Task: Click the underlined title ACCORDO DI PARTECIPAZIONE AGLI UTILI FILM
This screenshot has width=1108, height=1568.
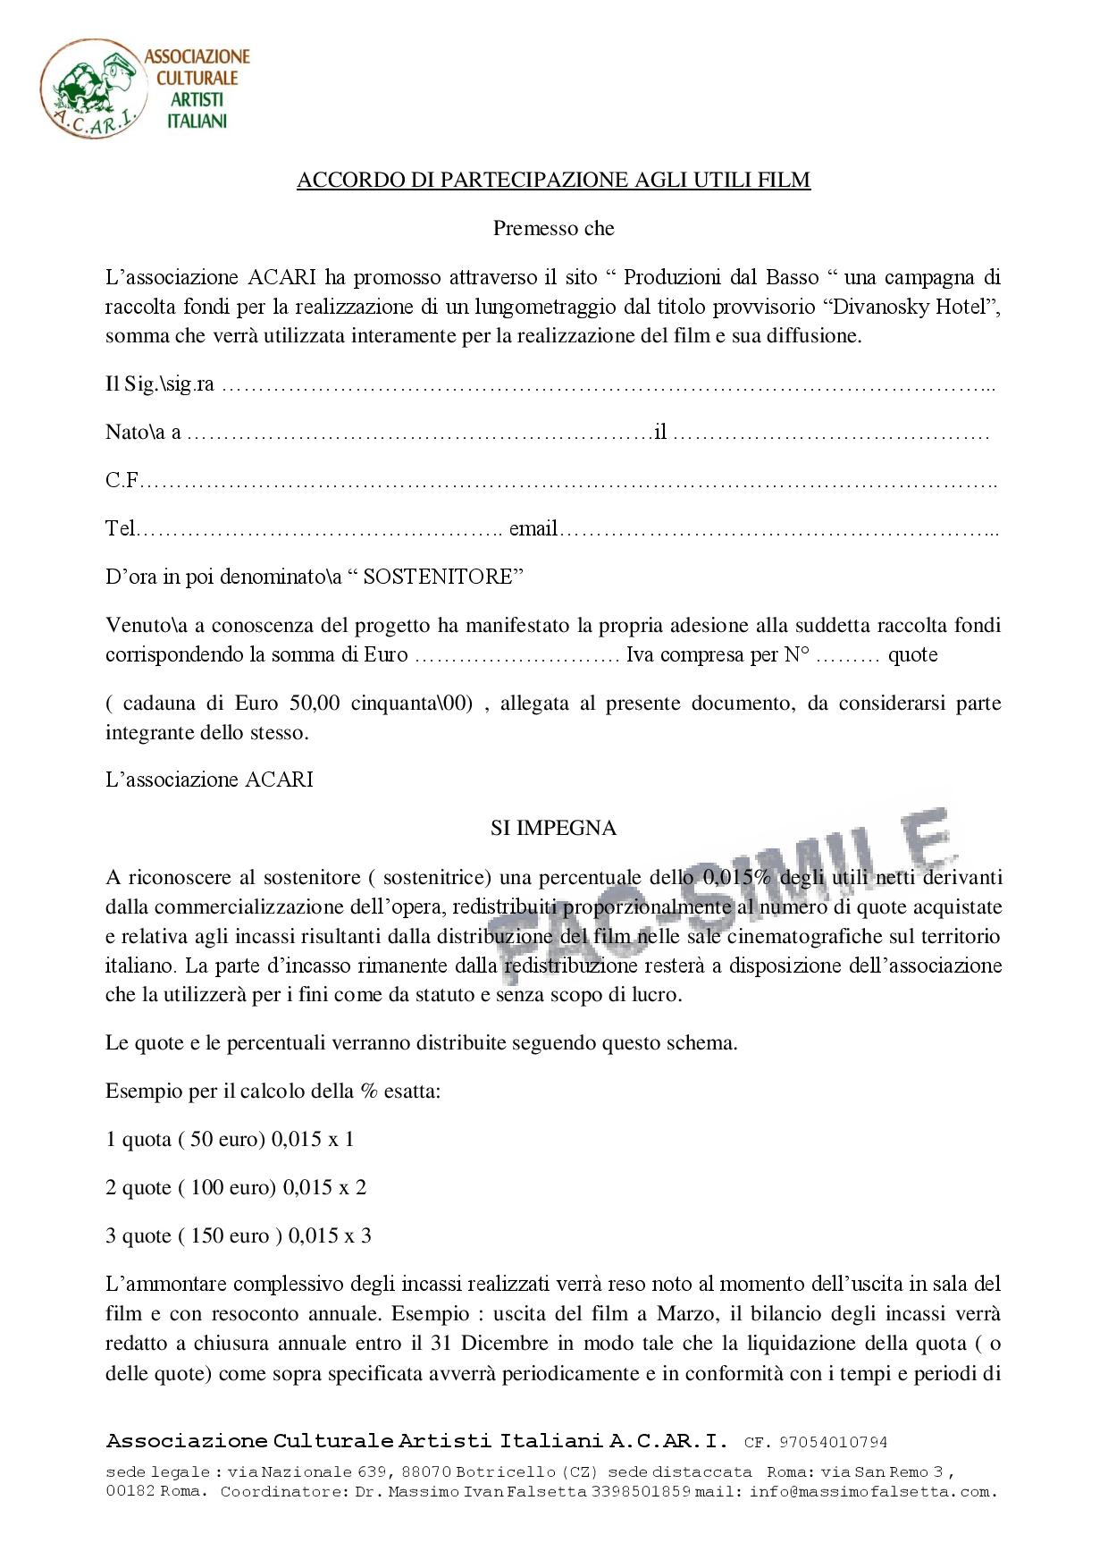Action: (x=553, y=180)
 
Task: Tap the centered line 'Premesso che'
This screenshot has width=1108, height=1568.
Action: (x=553, y=228)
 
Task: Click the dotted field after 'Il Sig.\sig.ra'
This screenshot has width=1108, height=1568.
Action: (x=608, y=386)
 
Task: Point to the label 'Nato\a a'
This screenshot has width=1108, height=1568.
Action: (x=143, y=433)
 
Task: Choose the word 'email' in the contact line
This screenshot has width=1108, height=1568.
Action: (x=533, y=528)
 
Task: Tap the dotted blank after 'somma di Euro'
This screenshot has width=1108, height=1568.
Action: (x=517, y=655)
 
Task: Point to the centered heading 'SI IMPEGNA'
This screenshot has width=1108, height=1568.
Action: (x=553, y=828)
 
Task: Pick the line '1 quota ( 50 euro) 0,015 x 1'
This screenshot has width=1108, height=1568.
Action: (x=230, y=1139)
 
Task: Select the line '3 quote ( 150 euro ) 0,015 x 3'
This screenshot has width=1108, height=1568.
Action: (x=239, y=1235)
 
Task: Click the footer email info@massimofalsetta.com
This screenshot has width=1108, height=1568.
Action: (x=871, y=1492)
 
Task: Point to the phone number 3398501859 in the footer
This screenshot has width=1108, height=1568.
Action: (x=641, y=1492)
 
